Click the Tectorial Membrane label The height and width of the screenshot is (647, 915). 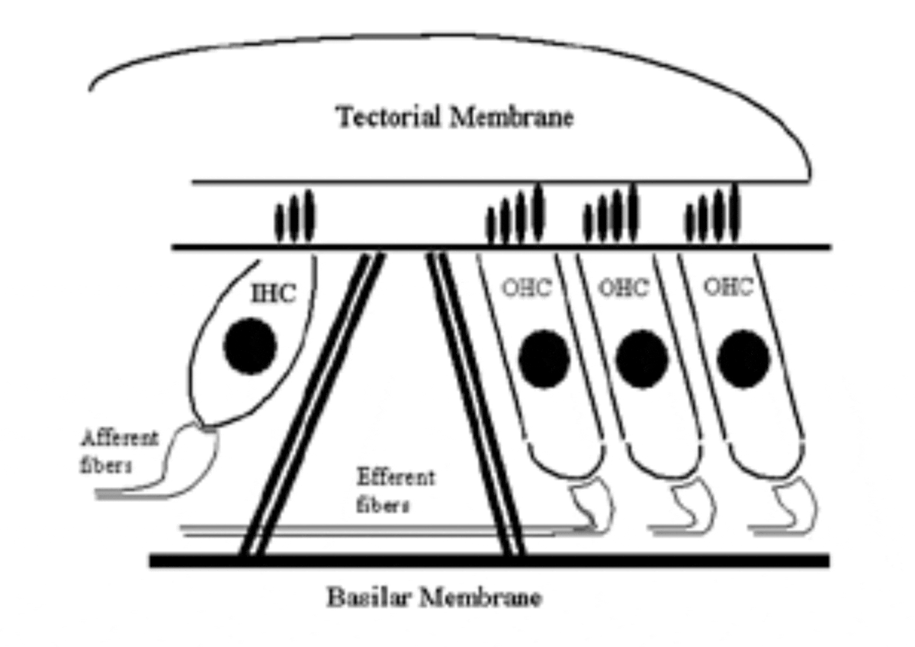coord(455,118)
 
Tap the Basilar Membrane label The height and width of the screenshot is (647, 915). coord(435,597)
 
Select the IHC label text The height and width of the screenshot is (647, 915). coord(272,293)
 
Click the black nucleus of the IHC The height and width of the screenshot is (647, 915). coord(250,348)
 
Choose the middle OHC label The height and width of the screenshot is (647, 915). coord(623,288)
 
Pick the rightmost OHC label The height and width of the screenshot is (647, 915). coord(727,288)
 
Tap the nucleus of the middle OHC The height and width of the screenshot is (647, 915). coord(641,359)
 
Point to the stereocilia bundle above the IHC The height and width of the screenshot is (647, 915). coord(294,218)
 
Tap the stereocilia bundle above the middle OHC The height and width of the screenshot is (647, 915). coord(612,214)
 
